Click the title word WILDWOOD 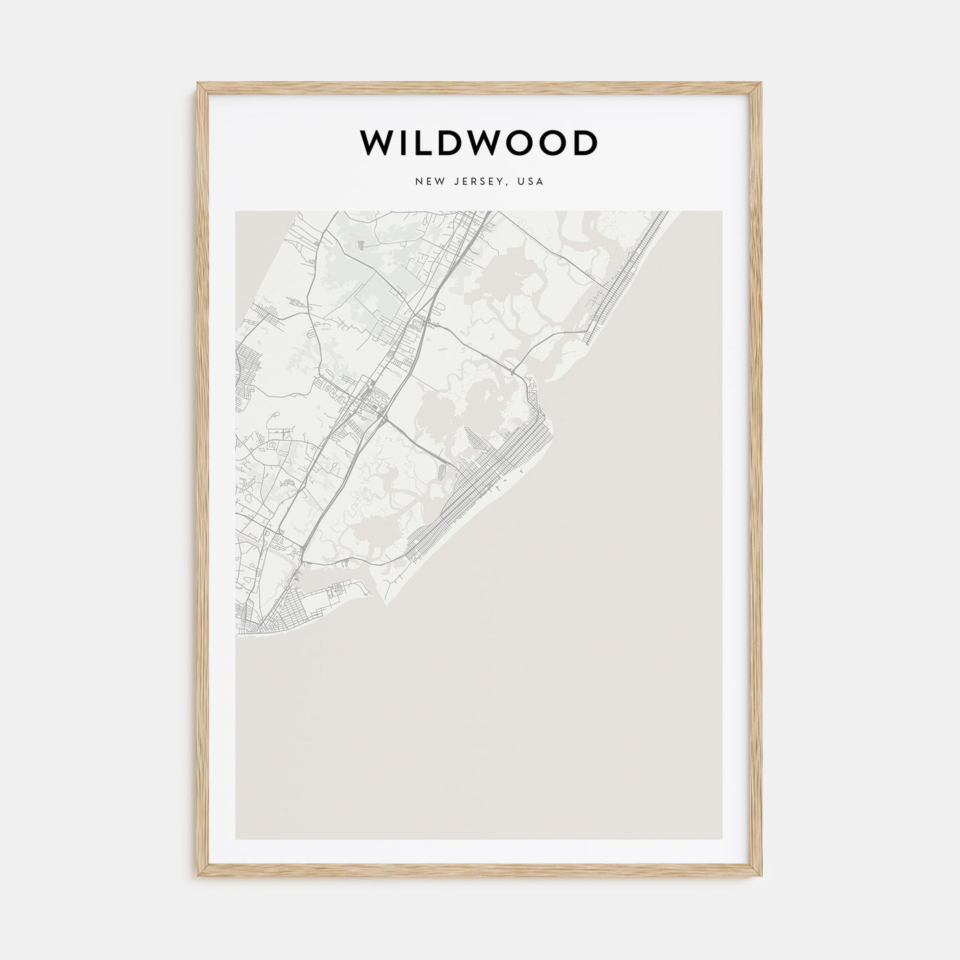[x=479, y=143]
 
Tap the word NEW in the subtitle [x=427, y=182]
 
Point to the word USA [x=531, y=182]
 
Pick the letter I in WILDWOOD [x=405, y=143]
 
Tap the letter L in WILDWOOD [x=424, y=143]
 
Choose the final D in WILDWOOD [x=585, y=143]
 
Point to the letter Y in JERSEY [x=501, y=182]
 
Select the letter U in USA [x=522, y=182]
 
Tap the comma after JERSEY [x=507, y=185]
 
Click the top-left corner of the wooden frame [x=199, y=84]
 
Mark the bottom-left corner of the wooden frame [x=199, y=876]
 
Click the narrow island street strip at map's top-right [x=627, y=278]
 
